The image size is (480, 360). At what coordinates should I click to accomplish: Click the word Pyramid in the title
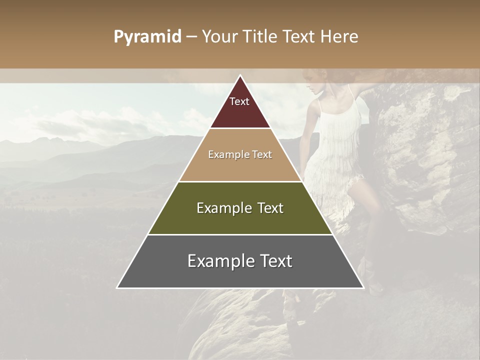click(x=147, y=37)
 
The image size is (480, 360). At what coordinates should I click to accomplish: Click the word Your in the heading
click(x=218, y=36)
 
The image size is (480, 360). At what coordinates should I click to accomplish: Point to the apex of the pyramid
click(x=240, y=76)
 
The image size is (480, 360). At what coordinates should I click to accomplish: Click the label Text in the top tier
click(x=239, y=101)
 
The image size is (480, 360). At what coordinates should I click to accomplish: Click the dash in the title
click(x=191, y=37)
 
